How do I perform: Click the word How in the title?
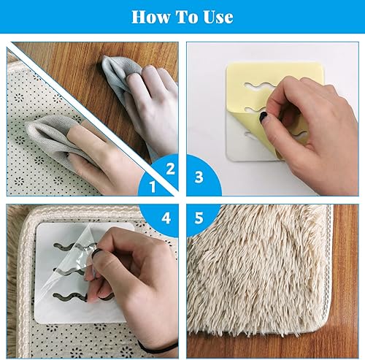click(151, 17)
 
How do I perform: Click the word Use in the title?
click(218, 17)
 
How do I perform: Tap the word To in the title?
click(187, 17)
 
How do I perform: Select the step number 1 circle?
click(153, 187)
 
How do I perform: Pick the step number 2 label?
click(170, 169)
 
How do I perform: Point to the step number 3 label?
click(199, 177)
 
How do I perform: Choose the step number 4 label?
click(166, 218)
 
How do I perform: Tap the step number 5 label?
click(199, 218)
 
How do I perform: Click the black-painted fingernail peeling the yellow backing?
click(263, 118)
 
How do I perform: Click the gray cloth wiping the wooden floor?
click(120, 74)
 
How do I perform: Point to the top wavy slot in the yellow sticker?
click(259, 85)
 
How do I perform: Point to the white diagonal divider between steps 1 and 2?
click(93, 118)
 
